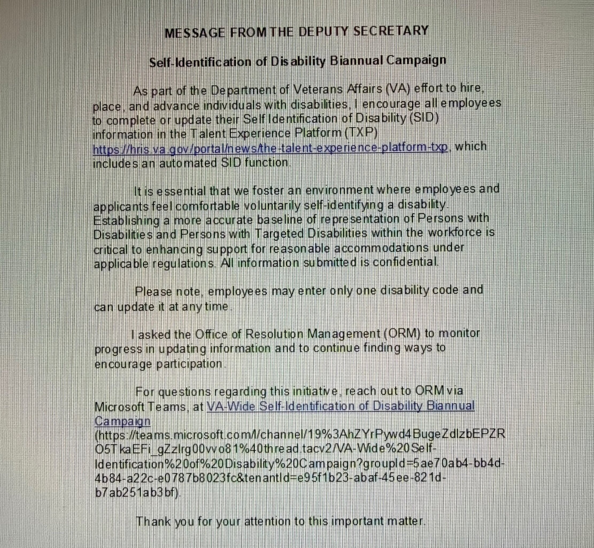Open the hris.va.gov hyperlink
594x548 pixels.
[x=271, y=148]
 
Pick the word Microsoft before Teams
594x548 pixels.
[x=119, y=406]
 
